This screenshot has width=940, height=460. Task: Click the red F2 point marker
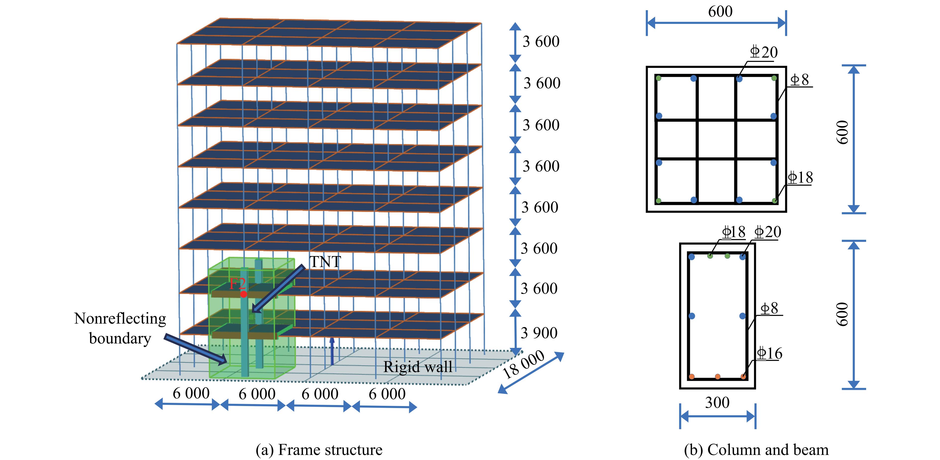(x=243, y=294)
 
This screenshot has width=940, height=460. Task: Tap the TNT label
(x=325, y=262)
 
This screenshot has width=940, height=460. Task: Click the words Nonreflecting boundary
(x=120, y=328)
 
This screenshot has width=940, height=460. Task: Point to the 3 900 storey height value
(x=539, y=333)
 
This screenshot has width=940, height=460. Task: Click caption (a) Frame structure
(x=319, y=450)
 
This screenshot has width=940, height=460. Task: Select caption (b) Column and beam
(x=756, y=450)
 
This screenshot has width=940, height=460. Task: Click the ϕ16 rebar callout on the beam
(x=769, y=353)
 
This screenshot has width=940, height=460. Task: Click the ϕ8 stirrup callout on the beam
(x=769, y=308)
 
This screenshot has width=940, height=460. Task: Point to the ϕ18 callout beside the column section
(x=800, y=178)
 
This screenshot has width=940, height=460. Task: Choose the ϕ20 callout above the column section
(x=763, y=52)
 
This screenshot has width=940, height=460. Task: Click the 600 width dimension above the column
(x=720, y=12)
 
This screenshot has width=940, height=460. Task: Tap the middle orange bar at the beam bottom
(x=717, y=376)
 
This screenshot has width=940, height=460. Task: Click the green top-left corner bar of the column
(x=659, y=78)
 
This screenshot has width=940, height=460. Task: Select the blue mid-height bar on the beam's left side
(x=692, y=316)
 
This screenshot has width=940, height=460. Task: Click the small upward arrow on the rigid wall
(x=332, y=350)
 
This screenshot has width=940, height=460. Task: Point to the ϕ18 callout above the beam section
(x=734, y=232)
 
